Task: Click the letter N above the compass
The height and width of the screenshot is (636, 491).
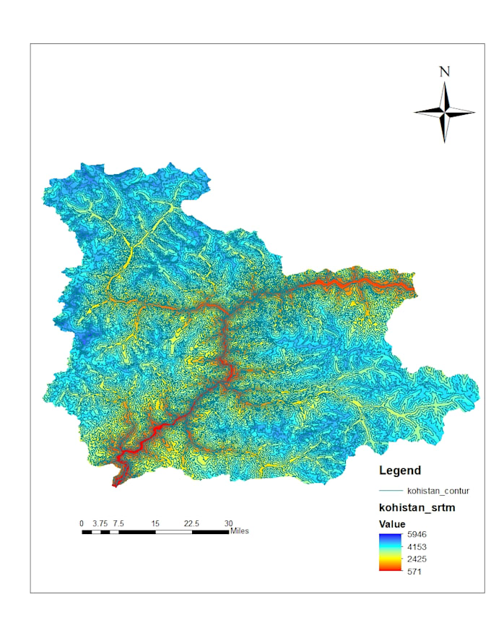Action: [444, 72]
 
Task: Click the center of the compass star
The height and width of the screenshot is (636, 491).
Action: [444, 112]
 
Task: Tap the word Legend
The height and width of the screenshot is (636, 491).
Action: [400, 470]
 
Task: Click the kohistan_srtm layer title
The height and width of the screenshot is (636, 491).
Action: [417, 508]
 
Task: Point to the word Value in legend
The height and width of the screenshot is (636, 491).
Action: [392, 524]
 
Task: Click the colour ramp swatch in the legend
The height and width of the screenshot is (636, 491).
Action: [388, 553]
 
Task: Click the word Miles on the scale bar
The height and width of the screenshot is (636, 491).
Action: [240, 531]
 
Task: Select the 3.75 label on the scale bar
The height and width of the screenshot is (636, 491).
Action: [100, 523]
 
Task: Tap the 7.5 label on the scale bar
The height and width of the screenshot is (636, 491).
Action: [118, 523]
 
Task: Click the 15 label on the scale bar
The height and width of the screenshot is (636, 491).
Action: [155, 523]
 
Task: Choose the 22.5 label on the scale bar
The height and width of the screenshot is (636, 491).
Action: [192, 523]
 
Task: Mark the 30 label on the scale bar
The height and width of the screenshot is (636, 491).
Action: [228, 523]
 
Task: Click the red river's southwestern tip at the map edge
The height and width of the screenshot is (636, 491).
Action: [115, 485]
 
